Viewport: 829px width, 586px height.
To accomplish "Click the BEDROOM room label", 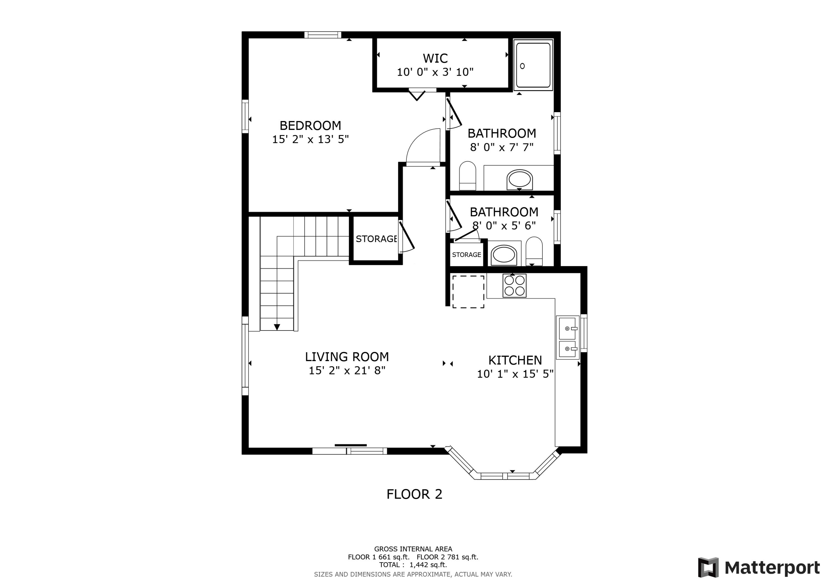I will pos(310,126).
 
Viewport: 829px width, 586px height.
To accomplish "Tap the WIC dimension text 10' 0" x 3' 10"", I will pos(435,72).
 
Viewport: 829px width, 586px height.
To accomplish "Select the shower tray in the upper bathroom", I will pos(533,65).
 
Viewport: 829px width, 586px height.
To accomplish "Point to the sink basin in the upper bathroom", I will pos(520,179).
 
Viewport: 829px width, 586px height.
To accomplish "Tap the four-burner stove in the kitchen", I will pos(514,286).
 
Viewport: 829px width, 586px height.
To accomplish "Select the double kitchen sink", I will pos(567,338).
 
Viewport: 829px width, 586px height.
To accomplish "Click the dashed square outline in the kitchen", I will pos(468,292).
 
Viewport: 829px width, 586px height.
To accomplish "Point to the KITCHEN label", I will pos(515,360).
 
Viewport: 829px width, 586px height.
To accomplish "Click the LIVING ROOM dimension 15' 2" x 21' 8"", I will pos(347,371).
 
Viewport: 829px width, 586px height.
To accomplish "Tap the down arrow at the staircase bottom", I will pos(277,327).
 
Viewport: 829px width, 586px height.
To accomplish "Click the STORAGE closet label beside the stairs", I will pos(376,239).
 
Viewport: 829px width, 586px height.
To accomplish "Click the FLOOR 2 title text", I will pos(414,494).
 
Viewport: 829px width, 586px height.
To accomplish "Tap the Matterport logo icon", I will pos(708,567).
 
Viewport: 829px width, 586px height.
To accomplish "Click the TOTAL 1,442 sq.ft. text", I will pos(413,565).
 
